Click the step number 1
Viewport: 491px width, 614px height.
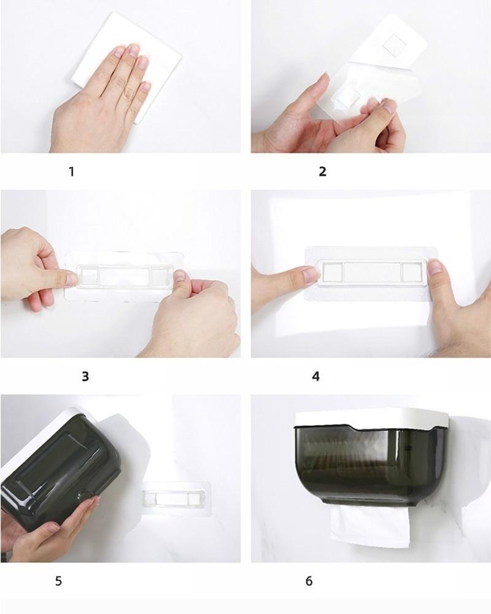[x=71, y=171]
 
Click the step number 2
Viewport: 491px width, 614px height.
[x=322, y=171]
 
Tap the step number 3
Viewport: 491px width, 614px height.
[x=85, y=376]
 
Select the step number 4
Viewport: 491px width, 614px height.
[x=315, y=376]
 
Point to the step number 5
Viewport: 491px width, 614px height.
[x=58, y=581]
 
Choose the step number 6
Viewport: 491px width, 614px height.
[x=309, y=581]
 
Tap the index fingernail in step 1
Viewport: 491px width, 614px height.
[x=134, y=49]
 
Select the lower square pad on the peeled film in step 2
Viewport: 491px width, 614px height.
[x=348, y=96]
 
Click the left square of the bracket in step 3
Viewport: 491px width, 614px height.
[x=88, y=276]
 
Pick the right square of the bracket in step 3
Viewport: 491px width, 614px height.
[x=160, y=276]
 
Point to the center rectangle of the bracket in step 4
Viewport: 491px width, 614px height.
[x=373, y=272]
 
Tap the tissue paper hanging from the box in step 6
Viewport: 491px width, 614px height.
[x=370, y=526]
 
